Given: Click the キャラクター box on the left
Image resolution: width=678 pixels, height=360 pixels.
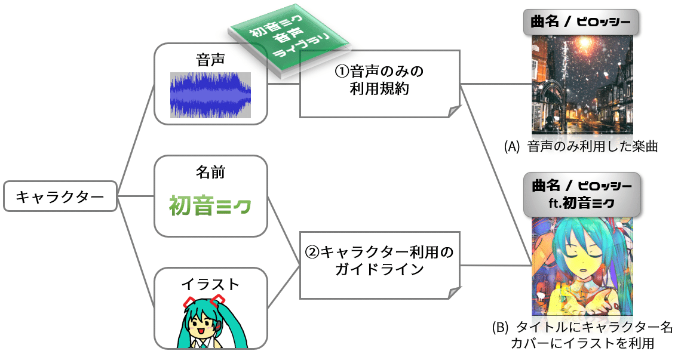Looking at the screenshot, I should click(60, 196).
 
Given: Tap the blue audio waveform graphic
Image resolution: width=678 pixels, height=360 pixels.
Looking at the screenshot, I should click(210, 95).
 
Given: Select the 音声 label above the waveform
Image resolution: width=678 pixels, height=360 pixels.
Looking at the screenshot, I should click(210, 61).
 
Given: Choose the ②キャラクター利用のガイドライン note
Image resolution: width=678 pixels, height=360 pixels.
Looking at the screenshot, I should click(380, 262).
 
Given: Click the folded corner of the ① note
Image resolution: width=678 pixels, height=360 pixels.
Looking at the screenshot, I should click(453, 111).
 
